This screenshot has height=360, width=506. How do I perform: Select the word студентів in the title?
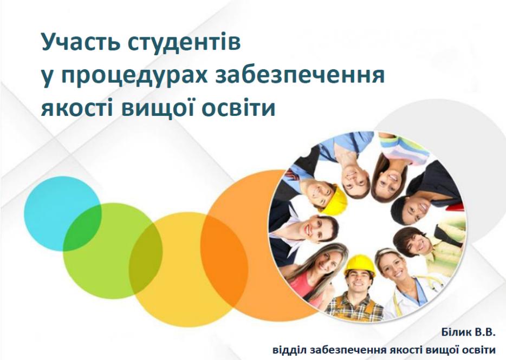[x=184, y=43]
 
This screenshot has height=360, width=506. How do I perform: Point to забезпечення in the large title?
[x=300, y=75]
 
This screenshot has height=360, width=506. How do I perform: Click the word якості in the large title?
[x=77, y=108]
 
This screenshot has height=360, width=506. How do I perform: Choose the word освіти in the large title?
[x=239, y=108]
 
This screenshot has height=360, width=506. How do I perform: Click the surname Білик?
[x=456, y=332]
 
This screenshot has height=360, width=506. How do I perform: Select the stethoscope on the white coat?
[x=429, y=283]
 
